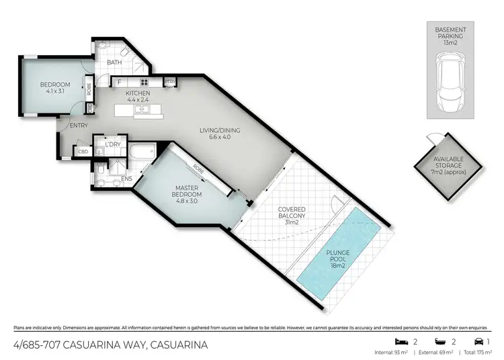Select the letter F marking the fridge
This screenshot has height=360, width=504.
coord(119,82)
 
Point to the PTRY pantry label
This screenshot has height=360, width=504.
coord(170,82)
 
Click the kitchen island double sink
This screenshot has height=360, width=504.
coord(142,108)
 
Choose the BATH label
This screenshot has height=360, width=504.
coord(114,63)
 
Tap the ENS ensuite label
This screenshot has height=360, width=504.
coord(126,179)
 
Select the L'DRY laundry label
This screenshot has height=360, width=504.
coord(111,144)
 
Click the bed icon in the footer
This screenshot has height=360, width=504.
coord(401,341)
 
